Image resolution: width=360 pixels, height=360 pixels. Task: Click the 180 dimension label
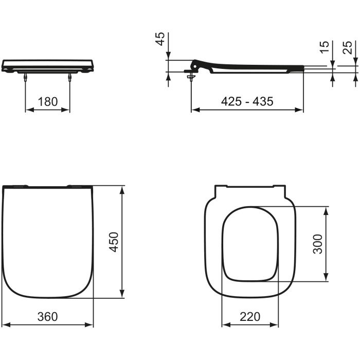click(48, 101)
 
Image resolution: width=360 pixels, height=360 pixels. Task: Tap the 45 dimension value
click(160, 39)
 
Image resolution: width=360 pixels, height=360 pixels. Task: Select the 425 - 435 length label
click(247, 101)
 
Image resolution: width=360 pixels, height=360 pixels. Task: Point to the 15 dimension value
click(324, 48)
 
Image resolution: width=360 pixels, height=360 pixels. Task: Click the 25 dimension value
click(348, 48)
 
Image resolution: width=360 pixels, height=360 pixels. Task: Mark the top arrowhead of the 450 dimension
click(122, 190)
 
